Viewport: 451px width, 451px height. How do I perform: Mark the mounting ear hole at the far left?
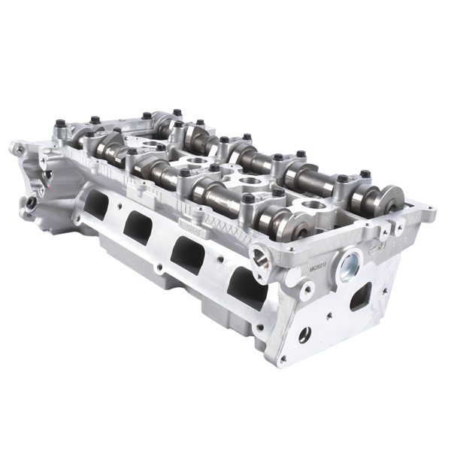(x=15, y=148)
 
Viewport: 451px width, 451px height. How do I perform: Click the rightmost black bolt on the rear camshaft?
(x=365, y=175)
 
